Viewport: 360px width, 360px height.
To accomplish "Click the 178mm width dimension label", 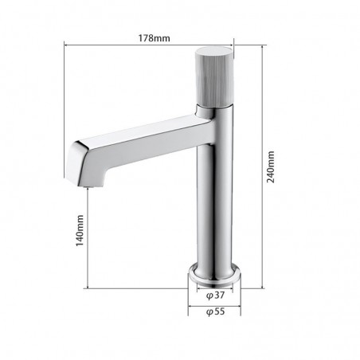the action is tap(154, 38).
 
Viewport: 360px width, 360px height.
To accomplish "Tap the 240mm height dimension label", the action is tap(271, 167).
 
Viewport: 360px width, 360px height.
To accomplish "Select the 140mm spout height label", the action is tap(80, 230).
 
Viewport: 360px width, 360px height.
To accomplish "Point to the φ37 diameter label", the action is tap(216, 295).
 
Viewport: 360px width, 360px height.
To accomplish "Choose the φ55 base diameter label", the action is tap(216, 311).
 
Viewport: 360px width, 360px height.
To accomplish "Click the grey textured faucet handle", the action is tap(213, 77).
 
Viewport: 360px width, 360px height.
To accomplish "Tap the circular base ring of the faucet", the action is tap(214, 275).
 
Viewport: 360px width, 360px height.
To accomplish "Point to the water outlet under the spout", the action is tap(88, 187).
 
